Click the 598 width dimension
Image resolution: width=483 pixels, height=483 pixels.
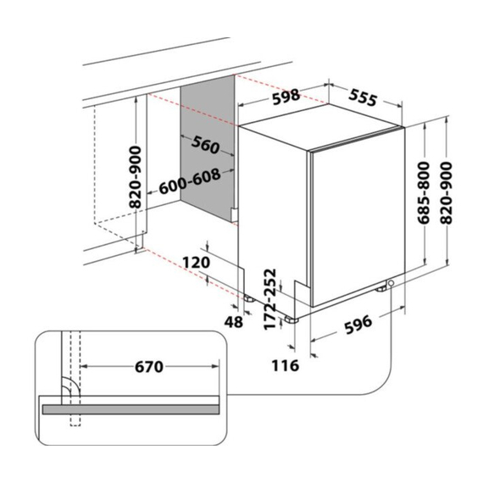(x=285, y=97)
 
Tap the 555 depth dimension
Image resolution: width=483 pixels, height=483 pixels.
(x=362, y=97)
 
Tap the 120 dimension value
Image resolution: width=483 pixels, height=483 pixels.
(x=195, y=263)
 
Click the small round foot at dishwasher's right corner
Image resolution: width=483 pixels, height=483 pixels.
(x=390, y=285)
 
